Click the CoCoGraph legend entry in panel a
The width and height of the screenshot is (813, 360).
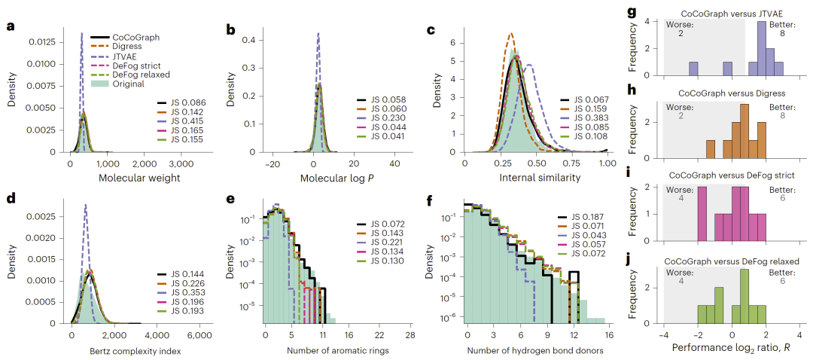(119, 38)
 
